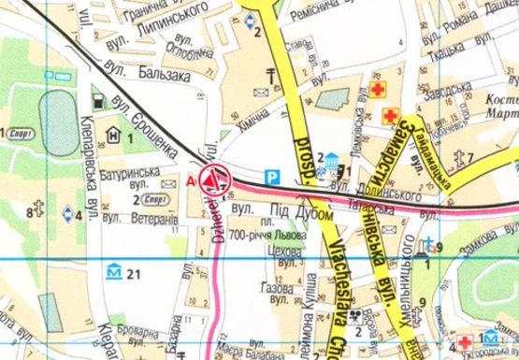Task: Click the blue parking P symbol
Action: tap(273, 175)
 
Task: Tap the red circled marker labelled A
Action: tap(216, 177)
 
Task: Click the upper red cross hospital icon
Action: tap(377, 90)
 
